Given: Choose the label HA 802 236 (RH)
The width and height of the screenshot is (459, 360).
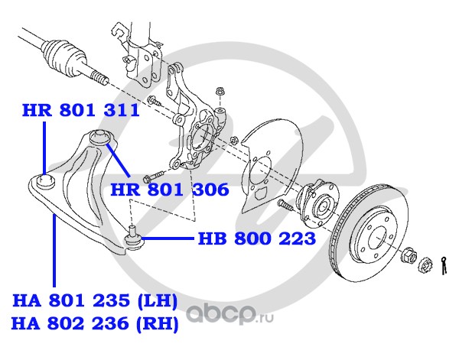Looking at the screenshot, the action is click(x=94, y=324).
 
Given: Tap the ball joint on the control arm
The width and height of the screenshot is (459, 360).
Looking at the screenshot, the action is click(x=134, y=240).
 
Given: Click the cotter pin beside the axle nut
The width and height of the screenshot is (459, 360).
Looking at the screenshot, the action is click(x=444, y=264).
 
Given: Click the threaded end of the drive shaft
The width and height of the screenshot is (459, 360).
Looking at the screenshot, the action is click(x=98, y=77).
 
